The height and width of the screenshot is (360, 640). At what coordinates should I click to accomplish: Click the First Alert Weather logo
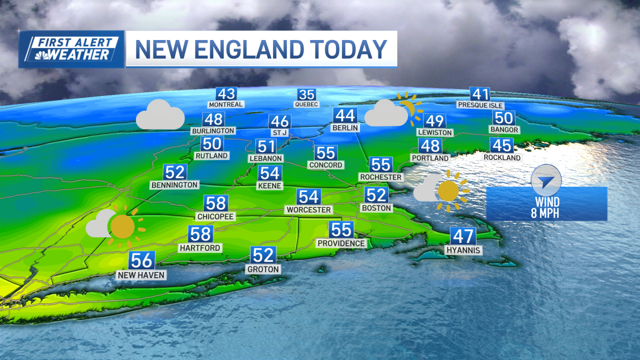[71, 49]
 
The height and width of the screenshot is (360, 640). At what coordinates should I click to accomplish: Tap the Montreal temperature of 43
[226, 93]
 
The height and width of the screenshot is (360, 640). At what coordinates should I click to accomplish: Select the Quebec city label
[306, 105]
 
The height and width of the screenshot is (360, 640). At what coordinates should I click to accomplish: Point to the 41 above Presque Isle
[481, 94]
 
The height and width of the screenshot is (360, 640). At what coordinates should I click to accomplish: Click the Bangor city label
[504, 130]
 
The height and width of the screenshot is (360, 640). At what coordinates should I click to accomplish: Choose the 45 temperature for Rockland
[502, 145]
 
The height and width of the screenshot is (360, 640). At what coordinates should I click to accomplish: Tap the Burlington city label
[213, 130]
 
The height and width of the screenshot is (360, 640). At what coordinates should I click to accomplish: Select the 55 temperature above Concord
[325, 153]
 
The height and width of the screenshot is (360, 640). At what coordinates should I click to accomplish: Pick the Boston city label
[377, 207]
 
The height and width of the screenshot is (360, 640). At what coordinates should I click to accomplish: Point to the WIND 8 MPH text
[547, 207]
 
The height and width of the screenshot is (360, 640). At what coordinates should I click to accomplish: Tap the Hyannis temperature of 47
[463, 236]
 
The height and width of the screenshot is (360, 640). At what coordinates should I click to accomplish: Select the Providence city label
[341, 243]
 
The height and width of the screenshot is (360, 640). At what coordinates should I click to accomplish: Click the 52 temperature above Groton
[263, 255]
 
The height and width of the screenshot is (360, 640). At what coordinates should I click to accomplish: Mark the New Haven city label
[141, 275]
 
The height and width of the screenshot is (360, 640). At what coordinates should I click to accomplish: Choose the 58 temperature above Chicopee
[216, 203]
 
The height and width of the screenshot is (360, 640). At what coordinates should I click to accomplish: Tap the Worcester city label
[309, 210]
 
